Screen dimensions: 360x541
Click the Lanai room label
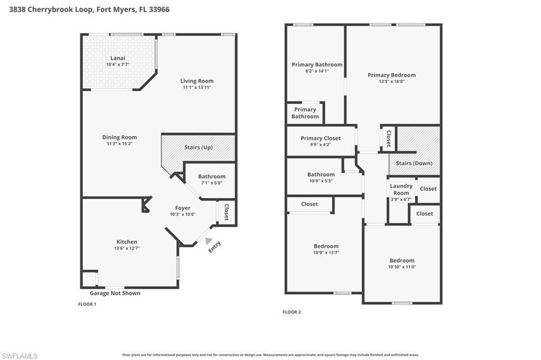tap(117, 58)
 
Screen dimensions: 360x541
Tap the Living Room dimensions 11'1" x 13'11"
tap(197, 88)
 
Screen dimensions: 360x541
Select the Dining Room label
tap(119, 137)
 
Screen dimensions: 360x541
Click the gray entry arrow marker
tap(201, 241)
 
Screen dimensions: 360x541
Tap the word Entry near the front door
tap(214, 247)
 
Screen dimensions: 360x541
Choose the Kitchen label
tap(127, 242)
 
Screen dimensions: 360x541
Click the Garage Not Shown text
tap(115, 293)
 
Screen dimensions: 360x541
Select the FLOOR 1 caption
tap(87, 305)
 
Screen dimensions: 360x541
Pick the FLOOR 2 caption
tap(292, 312)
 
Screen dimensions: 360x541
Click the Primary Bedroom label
tap(391, 75)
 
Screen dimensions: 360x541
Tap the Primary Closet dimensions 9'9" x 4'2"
tap(320, 145)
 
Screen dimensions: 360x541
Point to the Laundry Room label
tap(401, 189)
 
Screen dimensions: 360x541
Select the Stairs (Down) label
tap(414, 163)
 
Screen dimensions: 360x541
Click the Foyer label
tap(183, 208)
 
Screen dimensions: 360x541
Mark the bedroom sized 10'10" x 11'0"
tap(402, 263)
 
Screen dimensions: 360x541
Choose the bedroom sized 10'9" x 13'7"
tap(326, 249)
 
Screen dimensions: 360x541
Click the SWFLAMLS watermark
tap(20, 356)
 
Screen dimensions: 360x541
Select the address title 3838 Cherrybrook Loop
tap(89, 10)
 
